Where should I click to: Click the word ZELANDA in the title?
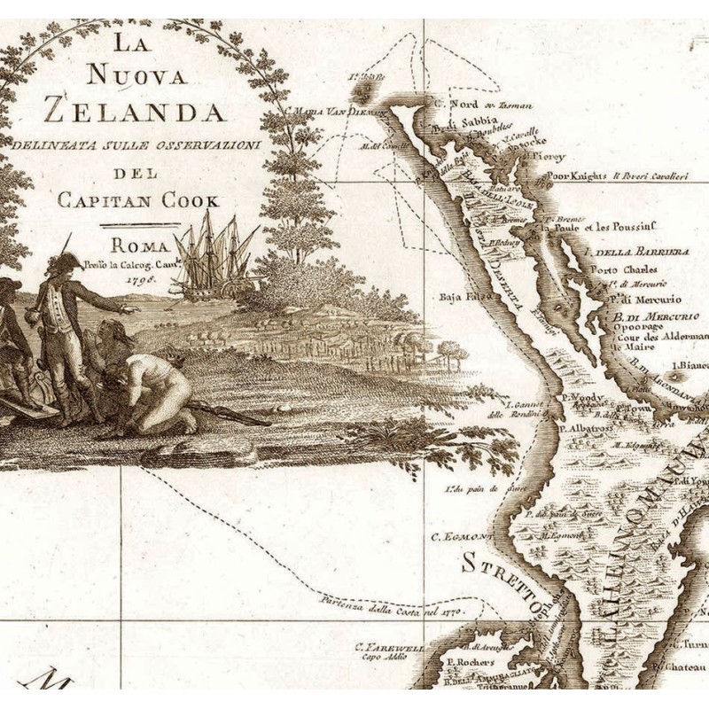tap(134, 113)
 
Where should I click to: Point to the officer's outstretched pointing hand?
tap(131, 310)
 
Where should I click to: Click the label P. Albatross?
tap(588, 428)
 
